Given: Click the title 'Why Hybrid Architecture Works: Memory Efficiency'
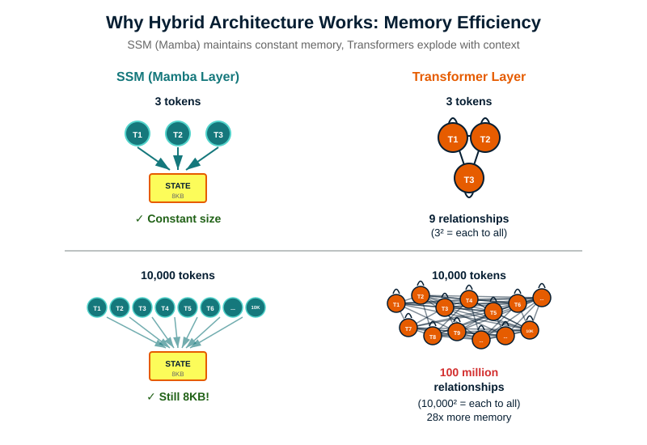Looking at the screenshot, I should coord(323,21).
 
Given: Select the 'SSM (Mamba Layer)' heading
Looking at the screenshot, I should coord(178,77).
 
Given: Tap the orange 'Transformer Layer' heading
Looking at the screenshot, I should coord(469,77).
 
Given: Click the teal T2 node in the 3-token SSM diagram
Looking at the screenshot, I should coord(178,134).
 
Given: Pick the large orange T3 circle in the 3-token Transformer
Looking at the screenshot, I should coord(469,179).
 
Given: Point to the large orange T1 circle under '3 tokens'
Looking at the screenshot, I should coord(453,139).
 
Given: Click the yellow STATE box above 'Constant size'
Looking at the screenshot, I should coord(178,188).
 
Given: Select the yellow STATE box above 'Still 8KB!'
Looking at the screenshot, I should coord(178,366).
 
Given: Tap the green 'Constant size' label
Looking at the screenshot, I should coord(178,218).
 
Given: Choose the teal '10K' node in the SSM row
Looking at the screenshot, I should coord(256,307).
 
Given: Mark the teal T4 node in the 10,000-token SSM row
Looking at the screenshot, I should coord(165,307).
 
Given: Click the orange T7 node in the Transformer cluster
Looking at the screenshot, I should coord(408,328).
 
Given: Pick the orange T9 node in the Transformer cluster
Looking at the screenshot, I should coord(457,333).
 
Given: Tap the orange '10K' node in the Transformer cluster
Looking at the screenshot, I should coord(530,330).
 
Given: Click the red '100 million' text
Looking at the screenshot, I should coord(469,372).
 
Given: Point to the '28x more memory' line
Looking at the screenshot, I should coord(469,417).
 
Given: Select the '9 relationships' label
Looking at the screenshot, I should coord(469,218).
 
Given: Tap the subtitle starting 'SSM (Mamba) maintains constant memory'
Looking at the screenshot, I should coord(323,44).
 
